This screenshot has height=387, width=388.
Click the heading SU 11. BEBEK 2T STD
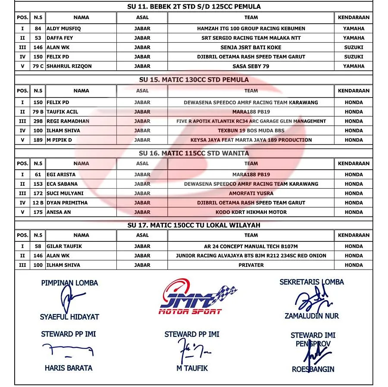click(x=194, y=6)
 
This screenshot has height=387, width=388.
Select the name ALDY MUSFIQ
click(x=64, y=29)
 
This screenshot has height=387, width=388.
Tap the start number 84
click(x=38, y=29)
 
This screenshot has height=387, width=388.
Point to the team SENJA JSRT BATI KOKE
click(x=250, y=48)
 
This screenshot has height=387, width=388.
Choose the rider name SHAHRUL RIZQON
click(x=69, y=66)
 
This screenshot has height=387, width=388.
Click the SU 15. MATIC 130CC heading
click(x=194, y=79)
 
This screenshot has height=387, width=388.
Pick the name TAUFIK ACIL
click(x=63, y=112)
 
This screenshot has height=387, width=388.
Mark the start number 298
click(x=38, y=121)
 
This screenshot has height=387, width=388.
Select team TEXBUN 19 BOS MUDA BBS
click(x=251, y=130)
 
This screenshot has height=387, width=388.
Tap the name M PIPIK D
click(x=59, y=140)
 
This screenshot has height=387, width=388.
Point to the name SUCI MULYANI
click(x=65, y=193)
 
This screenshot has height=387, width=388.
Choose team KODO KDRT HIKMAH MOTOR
click(x=251, y=212)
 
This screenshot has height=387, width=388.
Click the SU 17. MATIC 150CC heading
click(x=194, y=225)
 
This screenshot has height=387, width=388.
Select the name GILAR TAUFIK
click(x=64, y=246)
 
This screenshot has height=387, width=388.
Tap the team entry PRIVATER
click(x=251, y=265)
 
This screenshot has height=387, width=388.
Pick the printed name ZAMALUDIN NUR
click(x=312, y=316)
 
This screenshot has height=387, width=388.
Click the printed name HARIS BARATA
click(x=69, y=368)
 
